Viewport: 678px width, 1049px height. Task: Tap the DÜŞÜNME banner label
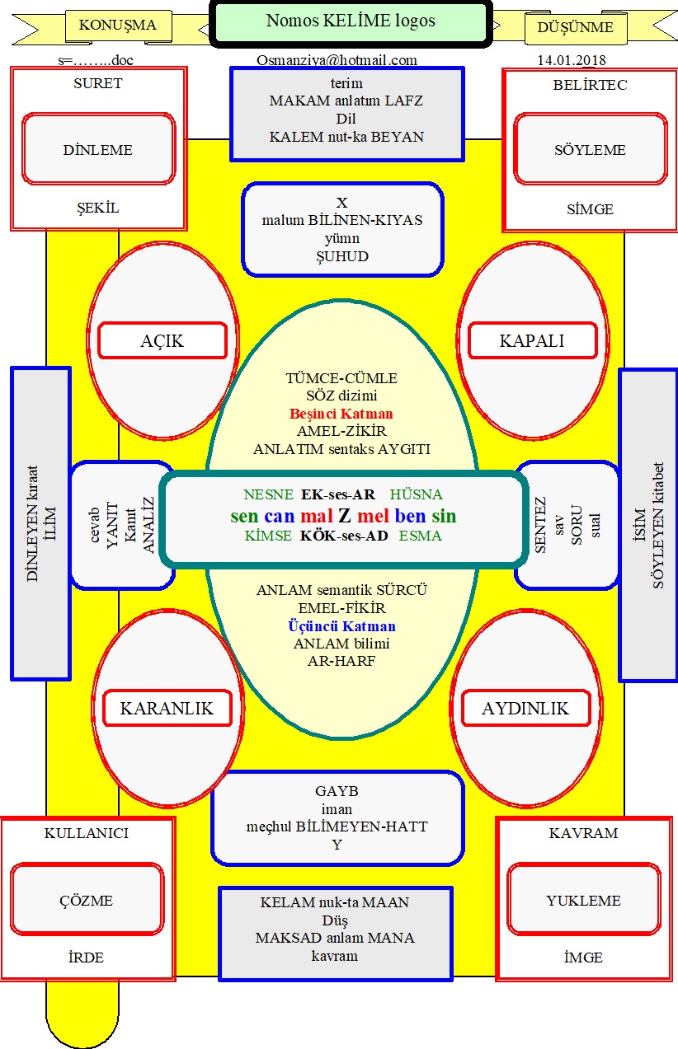pos(575,27)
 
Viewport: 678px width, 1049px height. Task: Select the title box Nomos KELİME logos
pos(350,22)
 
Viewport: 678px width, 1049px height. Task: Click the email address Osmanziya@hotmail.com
pos(337,60)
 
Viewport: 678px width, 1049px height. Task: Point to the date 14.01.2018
pos(571,60)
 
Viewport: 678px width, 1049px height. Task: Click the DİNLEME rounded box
pos(97,150)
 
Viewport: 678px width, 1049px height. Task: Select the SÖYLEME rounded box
pos(590,150)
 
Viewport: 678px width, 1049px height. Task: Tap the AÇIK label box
pos(162,340)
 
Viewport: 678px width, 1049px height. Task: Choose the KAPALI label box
pos(532,340)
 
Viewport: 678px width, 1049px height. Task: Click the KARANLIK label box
pos(167,709)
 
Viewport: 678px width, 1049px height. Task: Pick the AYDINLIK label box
pos(526,709)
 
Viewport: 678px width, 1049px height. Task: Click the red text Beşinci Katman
pos(341,414)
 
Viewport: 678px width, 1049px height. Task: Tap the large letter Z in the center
pos(344,517)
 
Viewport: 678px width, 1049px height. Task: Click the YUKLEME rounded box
pos(583,901)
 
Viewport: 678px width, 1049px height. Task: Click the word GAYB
pos(337,791)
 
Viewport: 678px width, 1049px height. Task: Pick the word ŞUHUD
pos(341,256)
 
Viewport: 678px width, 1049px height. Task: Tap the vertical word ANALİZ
pos(148,525)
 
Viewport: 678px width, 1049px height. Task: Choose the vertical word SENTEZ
pos(541,525)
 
